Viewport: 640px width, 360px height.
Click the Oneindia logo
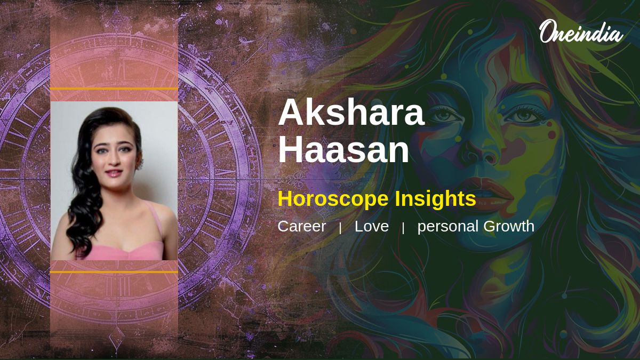(x=581, y=31)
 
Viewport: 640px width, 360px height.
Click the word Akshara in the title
(x=351, y=113)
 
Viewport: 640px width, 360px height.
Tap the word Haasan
(x=343, y=149)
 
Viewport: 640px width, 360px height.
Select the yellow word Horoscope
(x=333, y=199)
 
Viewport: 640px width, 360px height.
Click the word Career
(x=302, y=226)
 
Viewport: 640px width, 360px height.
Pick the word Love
(x=371, y=226)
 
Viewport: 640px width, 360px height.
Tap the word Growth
(x=509, y=226)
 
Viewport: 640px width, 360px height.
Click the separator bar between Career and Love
(x=340, y=228)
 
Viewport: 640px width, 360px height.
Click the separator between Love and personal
(x=403, y=228)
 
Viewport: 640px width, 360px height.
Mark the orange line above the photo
(x=114, y=89)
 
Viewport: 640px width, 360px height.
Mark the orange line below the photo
(x=114, y=271)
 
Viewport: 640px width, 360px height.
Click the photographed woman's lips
(x=114, y=173)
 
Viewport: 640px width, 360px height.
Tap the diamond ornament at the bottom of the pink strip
(x=116, y=340)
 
